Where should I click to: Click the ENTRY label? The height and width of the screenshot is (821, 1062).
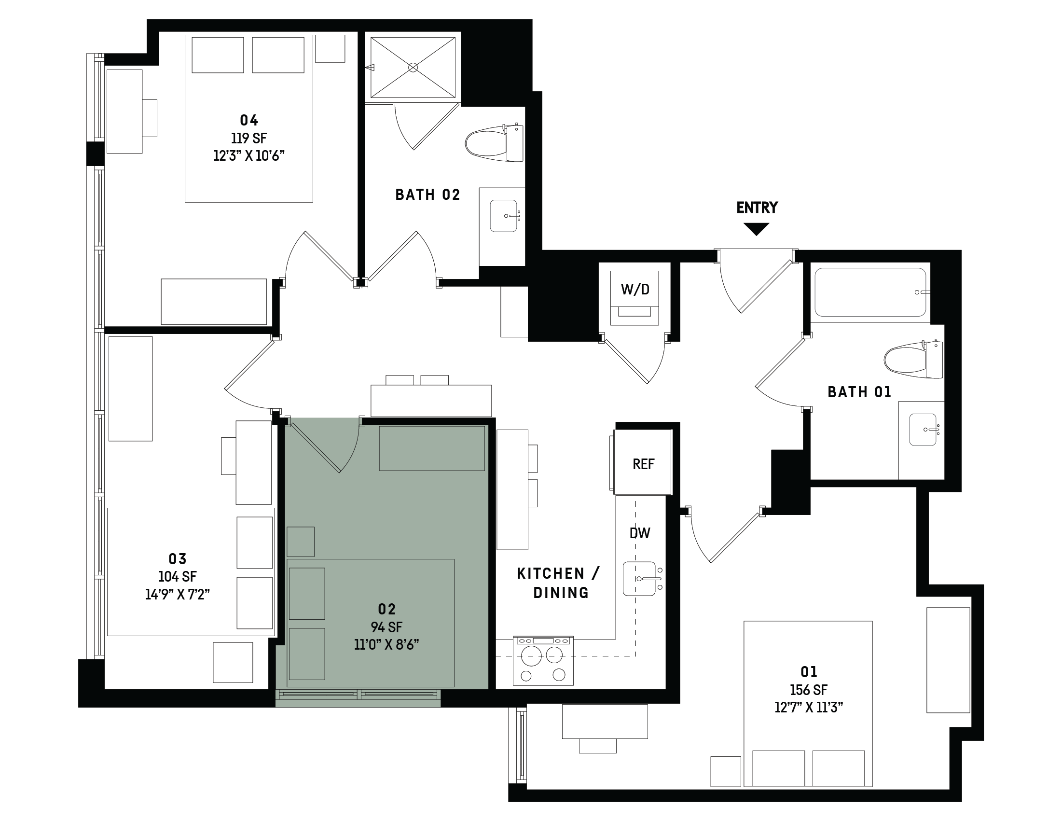point(757,208)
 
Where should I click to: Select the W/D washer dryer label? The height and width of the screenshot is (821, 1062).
point(634,290)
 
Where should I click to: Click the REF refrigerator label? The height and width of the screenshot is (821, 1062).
point(643,464)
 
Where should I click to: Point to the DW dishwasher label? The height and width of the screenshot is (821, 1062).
point(640,533)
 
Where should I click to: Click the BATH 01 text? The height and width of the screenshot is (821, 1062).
point(859,392)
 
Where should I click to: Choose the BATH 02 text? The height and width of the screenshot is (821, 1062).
point(428,195)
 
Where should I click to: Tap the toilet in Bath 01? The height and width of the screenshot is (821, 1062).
point(913,360)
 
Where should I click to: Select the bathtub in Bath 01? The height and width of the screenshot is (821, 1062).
point(870,292)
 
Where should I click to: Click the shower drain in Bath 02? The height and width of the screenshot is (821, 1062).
point(413,67)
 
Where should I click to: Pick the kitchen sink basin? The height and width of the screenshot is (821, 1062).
point(639,579)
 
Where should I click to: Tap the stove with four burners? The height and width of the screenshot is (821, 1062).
point(543,660)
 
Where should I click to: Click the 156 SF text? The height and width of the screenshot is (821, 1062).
point(809,690)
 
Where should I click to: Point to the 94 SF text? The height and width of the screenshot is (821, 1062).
point(386,627)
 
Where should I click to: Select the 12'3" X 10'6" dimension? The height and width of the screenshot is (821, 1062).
point(249,155)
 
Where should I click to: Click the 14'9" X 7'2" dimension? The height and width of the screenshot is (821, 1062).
point(178,594)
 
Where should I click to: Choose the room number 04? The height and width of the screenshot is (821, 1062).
point(249,120)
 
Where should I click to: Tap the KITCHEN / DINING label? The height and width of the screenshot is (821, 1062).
point(559,583)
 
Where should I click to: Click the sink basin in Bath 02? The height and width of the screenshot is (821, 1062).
point(503,215)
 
